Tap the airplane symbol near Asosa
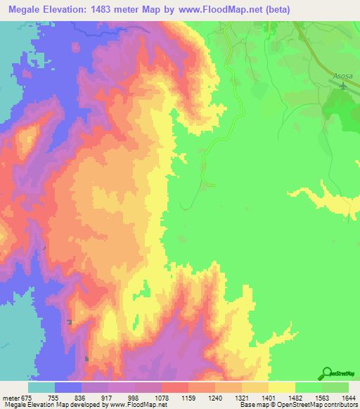coord(342,86)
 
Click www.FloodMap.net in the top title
coord(227,10)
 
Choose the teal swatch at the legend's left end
coord(41,387)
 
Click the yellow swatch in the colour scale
coord(282,387)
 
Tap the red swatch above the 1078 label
coord(175,387)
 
